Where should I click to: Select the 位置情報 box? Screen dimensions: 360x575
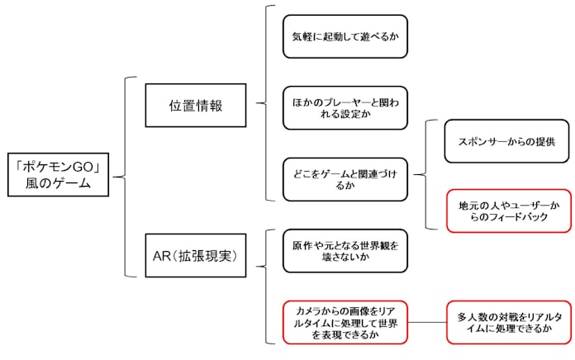[195, 104]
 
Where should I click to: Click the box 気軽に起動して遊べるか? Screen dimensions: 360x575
[345, 36]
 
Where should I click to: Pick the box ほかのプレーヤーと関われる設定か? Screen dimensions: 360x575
[345, 107]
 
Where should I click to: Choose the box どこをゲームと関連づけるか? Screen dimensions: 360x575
[345, 178]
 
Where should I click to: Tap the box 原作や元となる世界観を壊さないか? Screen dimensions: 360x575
[345, 250]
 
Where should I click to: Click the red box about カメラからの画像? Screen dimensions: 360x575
[345, 321]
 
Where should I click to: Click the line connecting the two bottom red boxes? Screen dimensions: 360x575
[427, 321]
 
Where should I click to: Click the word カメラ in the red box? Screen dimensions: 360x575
[303, 311]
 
